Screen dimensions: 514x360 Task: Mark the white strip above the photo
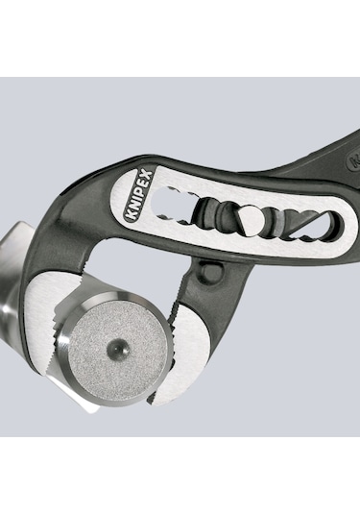tap(180, 38)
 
